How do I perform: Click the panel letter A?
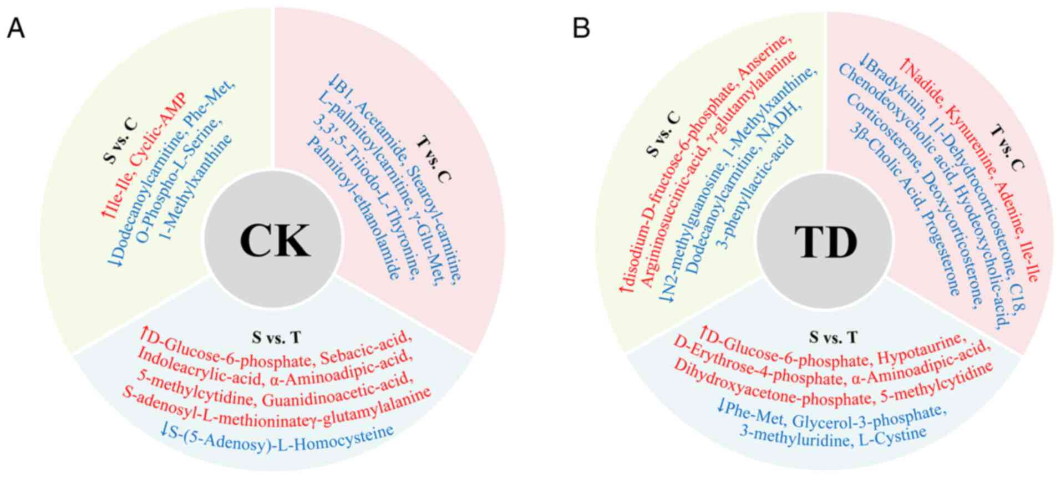[16, 27]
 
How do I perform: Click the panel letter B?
[581, 27]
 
